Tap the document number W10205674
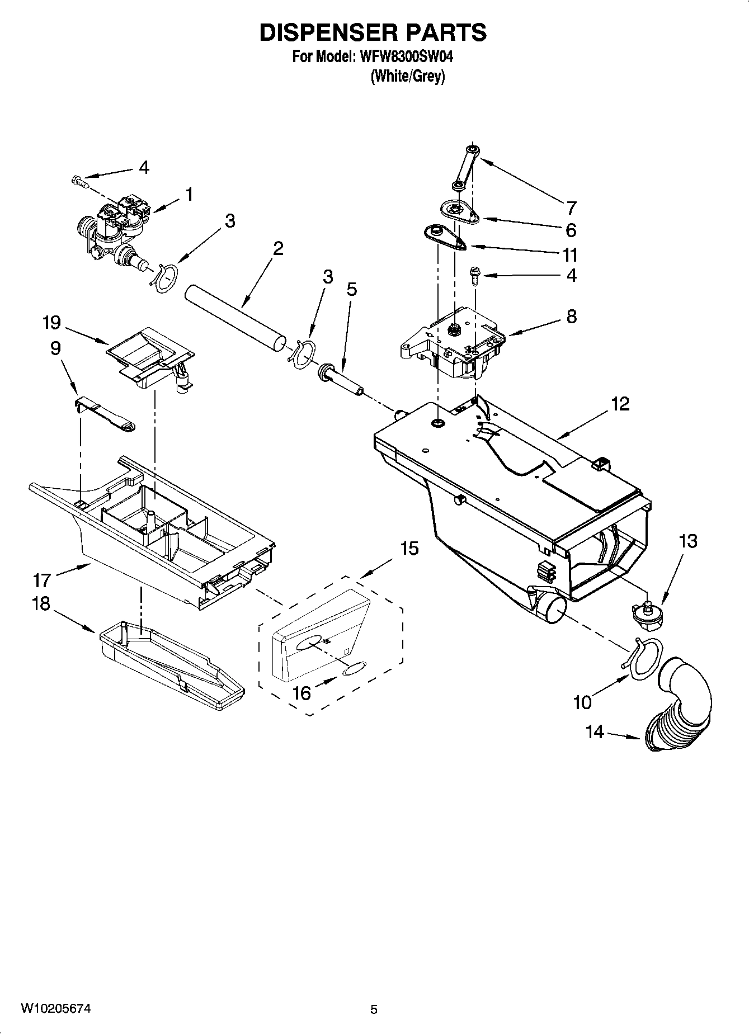[x=55, y=1008]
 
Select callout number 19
[x=51, y=323]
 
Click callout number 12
[x=620, y=404]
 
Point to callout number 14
[x=595, y=731]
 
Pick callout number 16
[x=302, y=693]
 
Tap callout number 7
[x=571, y=208]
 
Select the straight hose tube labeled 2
[x=235, y=319]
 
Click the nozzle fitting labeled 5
[x=341, y=380]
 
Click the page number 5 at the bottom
[x=374, y=1009]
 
